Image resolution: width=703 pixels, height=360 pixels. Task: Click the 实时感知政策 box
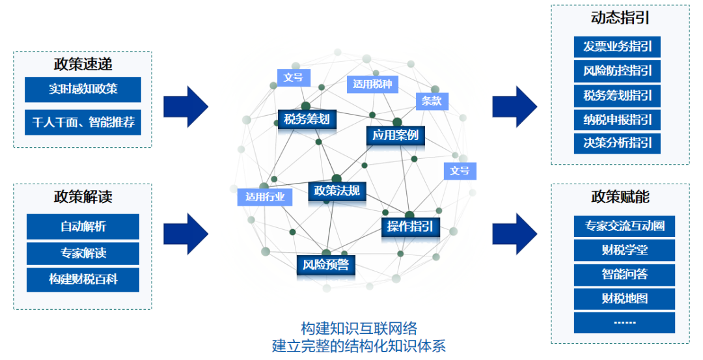click(83, 89)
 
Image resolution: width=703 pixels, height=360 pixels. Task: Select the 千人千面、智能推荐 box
click(83, 122)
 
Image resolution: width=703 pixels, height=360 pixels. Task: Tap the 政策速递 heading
click(83, 64)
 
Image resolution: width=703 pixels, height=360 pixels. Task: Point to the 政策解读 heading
click(83, 197)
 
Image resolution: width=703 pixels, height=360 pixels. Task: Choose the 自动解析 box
click(83, 227)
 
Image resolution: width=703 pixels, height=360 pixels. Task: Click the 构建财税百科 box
click(83, 279)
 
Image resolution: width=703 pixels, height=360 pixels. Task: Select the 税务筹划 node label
click(307, 118)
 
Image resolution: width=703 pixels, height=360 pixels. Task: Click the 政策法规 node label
click(337, 190)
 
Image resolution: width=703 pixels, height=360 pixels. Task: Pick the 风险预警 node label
click(325, 264)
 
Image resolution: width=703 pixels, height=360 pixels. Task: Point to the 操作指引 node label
click(410, 226)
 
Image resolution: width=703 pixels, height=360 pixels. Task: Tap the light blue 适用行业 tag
click(265, 197)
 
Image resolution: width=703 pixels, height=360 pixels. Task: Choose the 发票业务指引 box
click(617, 46)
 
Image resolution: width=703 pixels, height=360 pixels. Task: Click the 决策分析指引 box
click(617, 143)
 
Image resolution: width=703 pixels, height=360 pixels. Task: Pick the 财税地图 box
click(624, 299)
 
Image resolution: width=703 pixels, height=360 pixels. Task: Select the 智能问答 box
click(624, 274)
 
